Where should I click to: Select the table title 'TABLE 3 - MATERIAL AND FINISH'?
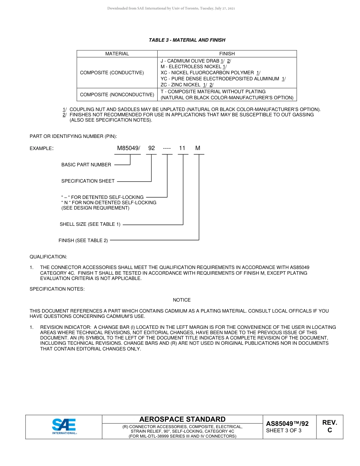click(187, 40)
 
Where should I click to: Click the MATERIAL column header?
click(117, 54)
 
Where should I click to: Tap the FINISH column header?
click(227, 54)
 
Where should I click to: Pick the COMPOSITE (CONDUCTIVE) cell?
click(112, 73)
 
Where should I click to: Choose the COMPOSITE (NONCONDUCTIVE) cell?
click(117, 95)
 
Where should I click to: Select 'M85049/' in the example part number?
click(128, 148)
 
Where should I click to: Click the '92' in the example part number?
click(152, 148)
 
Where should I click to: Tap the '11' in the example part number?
click(182, 148)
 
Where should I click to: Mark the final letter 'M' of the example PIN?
click(197, 148)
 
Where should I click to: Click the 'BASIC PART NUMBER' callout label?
click(86, 165)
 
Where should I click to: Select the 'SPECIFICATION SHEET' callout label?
click(88, 181)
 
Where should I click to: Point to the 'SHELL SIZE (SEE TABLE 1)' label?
click(90, 224)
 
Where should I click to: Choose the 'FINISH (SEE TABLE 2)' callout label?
click(83, 241)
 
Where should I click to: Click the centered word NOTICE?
click(182, 300)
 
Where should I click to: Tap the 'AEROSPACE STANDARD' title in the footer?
click(182, 419)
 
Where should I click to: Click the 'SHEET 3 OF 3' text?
click(283, 430)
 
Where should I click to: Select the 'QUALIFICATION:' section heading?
click(48, 257)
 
